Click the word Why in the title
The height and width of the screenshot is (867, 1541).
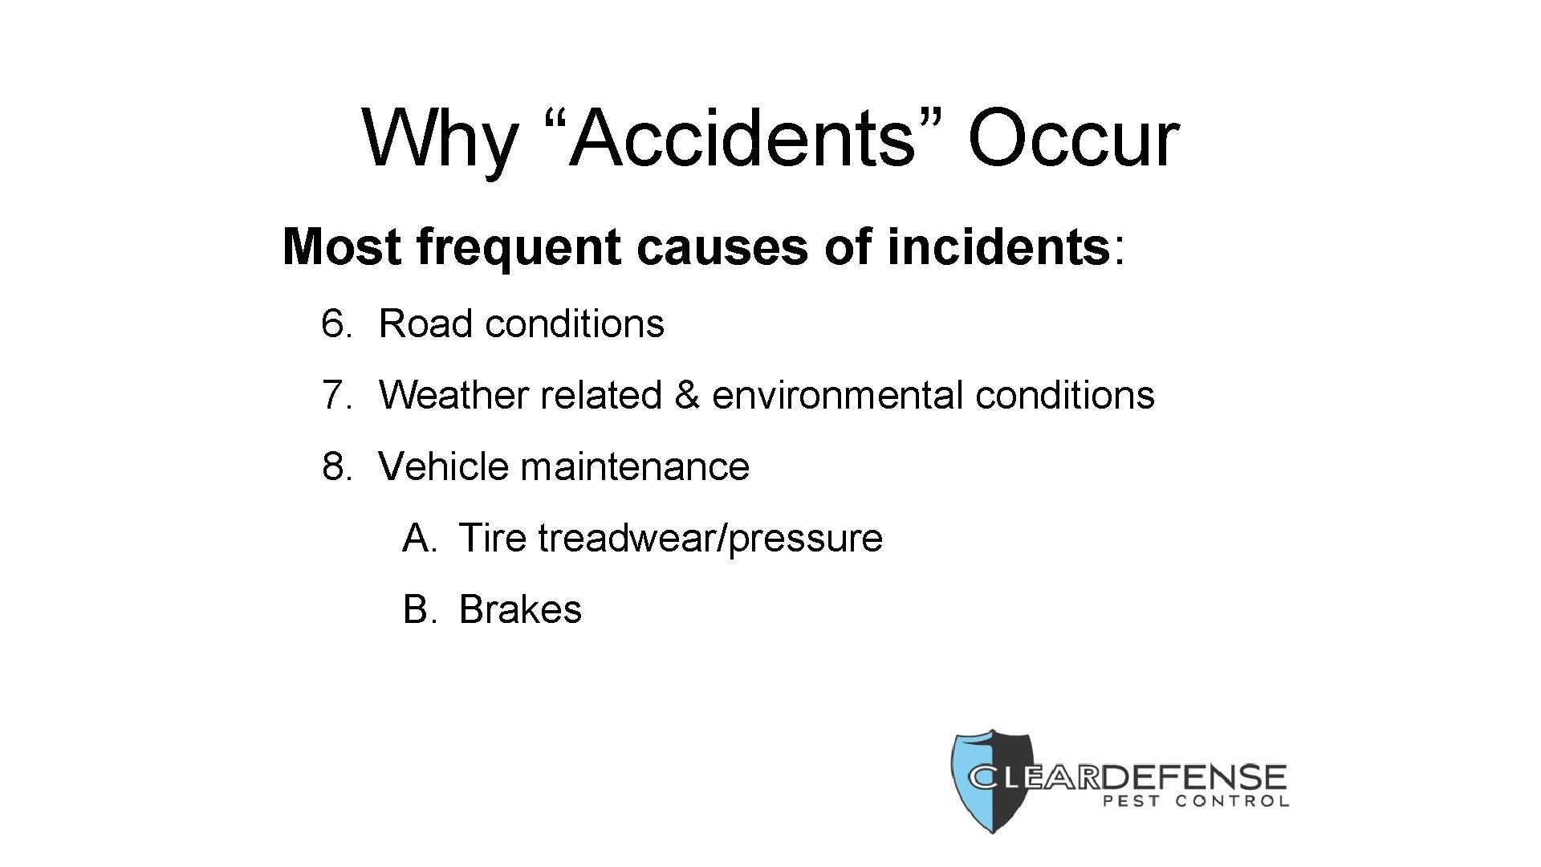click(438, 139)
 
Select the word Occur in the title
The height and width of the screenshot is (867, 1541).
click(1074, 139)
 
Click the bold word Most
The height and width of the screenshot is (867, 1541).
click(342, 246)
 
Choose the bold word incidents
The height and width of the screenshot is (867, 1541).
click(998, 246)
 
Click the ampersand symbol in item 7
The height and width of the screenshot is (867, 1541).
click(687, 395)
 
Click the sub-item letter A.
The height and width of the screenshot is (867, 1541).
click(418, 538)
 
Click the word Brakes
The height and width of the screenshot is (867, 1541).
click(519, 609)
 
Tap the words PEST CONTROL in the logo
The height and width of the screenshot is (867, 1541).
click(1196, 801)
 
